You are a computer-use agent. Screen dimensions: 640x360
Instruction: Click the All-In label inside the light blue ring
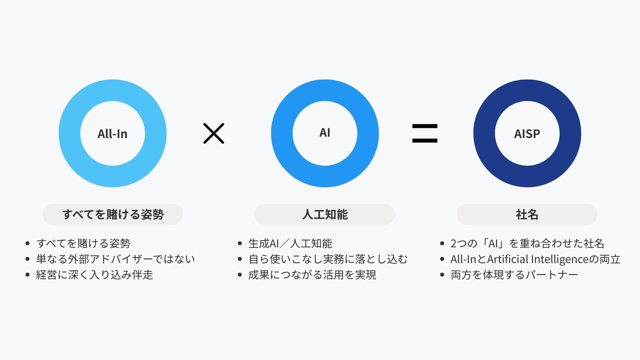112,134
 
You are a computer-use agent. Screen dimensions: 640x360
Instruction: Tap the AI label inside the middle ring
325,132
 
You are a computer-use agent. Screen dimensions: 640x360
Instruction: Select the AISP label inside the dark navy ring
527,134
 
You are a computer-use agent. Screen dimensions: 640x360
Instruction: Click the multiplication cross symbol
214,133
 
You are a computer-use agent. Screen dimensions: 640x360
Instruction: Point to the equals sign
425,133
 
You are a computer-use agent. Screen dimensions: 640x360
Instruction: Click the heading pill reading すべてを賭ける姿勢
113,214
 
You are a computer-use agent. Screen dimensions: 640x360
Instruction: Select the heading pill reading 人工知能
325,214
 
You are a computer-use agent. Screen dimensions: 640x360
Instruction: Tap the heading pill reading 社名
527,214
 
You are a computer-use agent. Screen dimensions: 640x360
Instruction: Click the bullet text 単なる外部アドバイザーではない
115,259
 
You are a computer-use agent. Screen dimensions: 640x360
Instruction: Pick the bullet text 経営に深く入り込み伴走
94,275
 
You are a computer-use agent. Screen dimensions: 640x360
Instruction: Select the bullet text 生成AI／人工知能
290,243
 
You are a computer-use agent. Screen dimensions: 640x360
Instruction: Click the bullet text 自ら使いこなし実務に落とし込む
328,259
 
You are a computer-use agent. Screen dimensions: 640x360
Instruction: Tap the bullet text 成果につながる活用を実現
312,275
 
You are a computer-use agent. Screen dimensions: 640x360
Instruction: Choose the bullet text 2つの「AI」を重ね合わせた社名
527,243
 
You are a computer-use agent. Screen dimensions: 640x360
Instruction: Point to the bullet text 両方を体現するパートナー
514,275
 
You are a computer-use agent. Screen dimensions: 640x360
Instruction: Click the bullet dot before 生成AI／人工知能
240,243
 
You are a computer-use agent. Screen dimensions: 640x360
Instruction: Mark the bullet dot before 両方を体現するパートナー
442,275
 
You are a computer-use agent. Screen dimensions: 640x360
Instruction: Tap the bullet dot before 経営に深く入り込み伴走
28,275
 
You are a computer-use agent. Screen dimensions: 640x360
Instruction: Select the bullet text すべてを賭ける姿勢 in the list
83,243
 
